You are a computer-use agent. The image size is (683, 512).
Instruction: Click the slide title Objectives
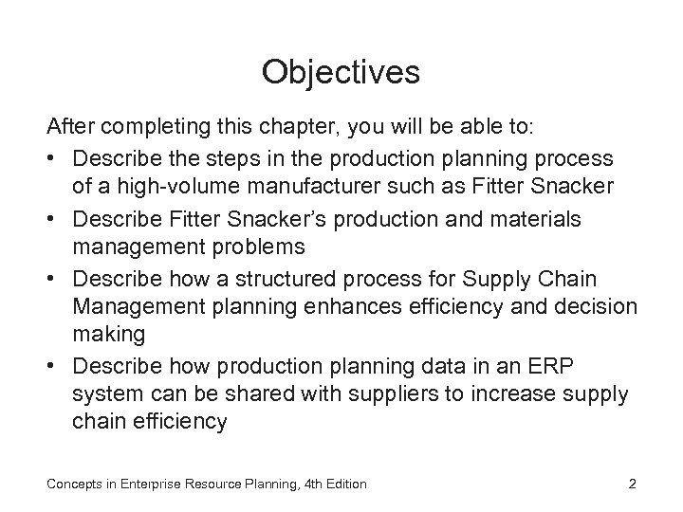(341, 71)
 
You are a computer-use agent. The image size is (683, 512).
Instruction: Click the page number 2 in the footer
(632, 485)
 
